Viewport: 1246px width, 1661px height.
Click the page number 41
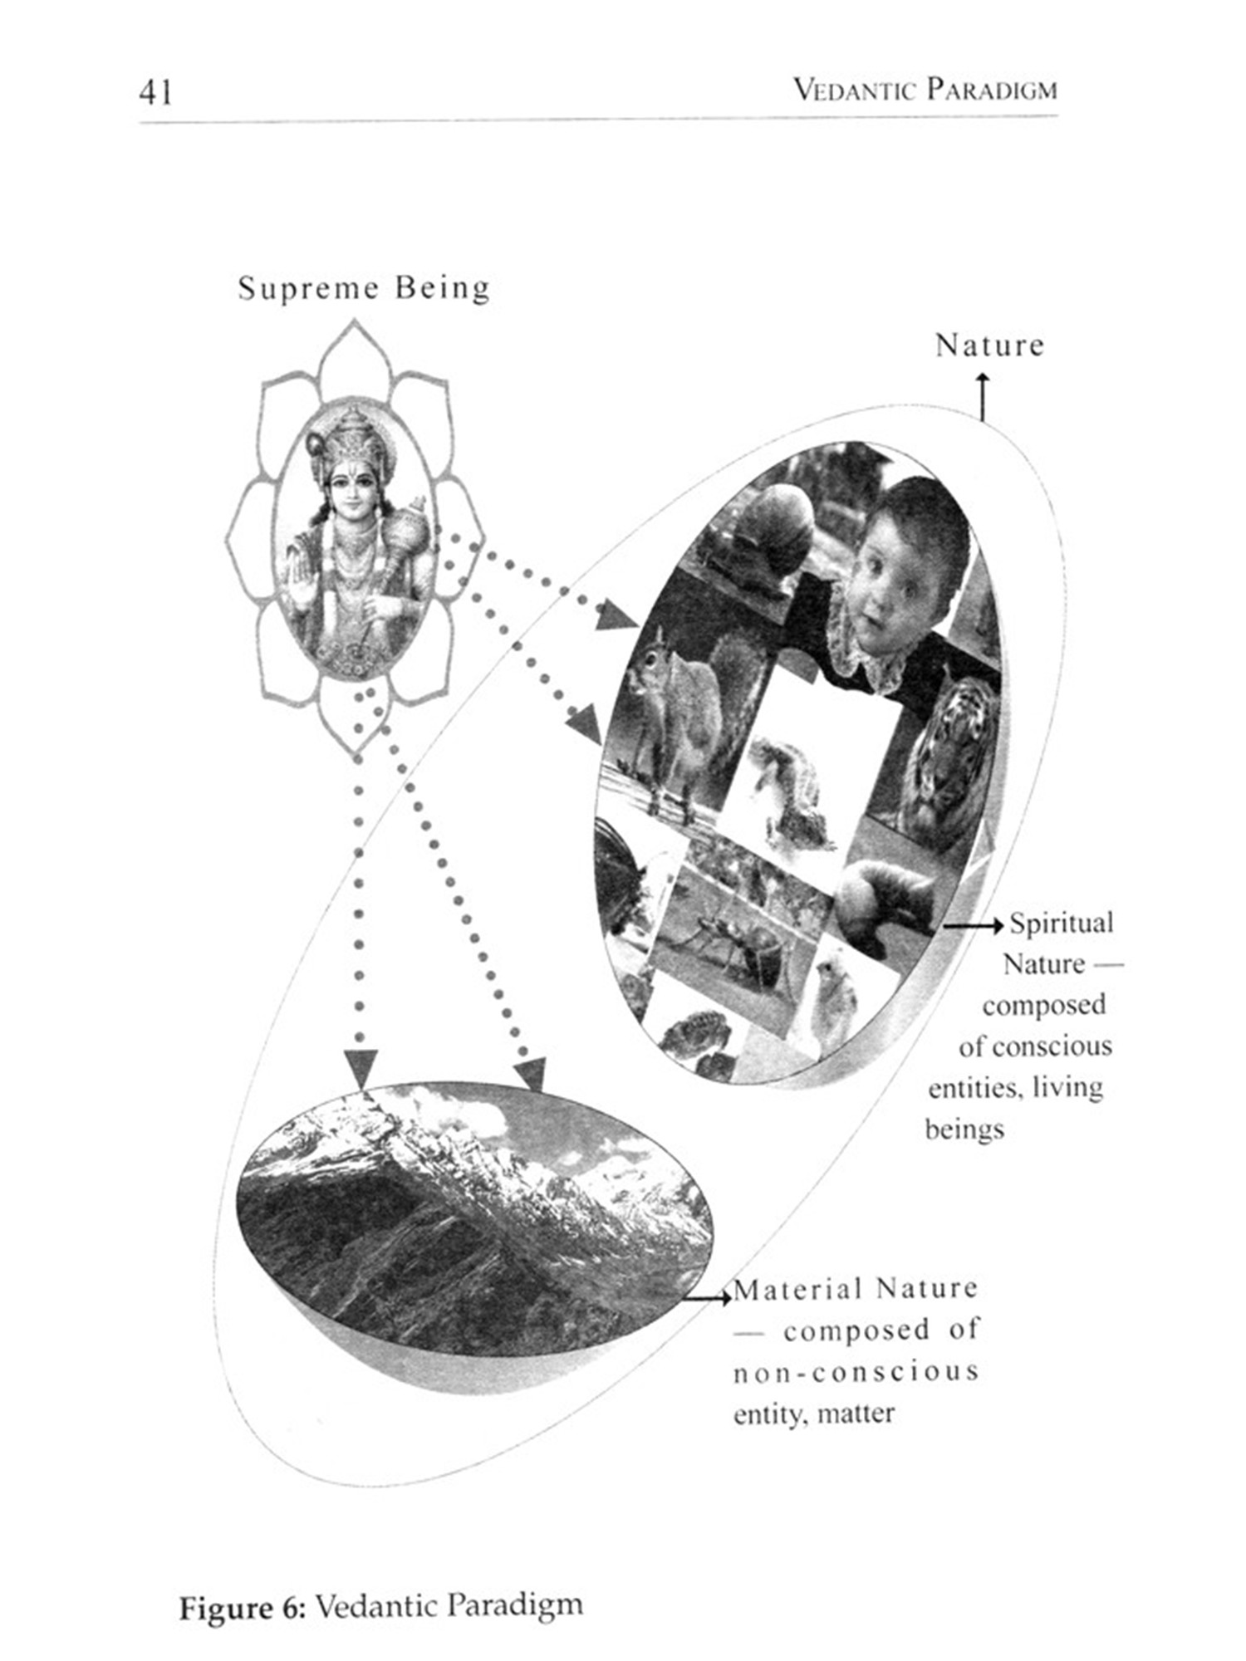pos(155,91)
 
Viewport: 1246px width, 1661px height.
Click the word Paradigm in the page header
pos(992,89)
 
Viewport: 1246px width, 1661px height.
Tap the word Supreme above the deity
pos(308,288)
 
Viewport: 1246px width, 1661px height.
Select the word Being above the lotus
pos(442,288)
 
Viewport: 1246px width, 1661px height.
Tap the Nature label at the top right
pos(989,345)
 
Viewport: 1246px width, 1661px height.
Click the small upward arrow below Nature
pos(983,394)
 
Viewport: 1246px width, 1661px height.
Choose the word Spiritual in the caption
pos(1061,924)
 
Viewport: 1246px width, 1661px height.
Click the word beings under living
pos(964,1129)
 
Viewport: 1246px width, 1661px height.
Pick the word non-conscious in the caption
pos(856,1372)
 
